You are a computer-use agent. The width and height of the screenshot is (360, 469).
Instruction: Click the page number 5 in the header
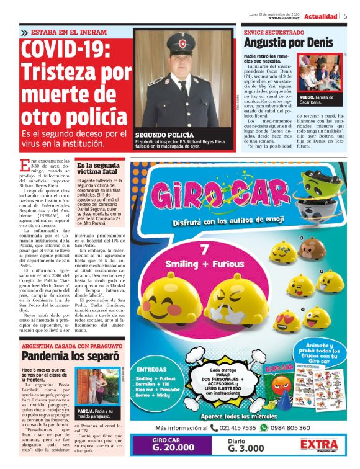pyautogui.click(x=345, y=16)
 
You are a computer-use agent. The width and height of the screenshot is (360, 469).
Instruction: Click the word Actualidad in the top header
pyautogui.click(x=321, y=16)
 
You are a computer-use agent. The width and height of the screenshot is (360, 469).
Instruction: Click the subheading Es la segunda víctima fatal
pyautogui.click(x=97, y=168)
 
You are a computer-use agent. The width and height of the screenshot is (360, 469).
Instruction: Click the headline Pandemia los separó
pyautogui.click(x=70, y=356)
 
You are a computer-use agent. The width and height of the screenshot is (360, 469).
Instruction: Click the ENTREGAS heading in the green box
pyautogui.click(x=151, y=360)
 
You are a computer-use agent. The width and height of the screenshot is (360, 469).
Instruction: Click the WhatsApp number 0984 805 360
pyautogui.click(x=289, y=427)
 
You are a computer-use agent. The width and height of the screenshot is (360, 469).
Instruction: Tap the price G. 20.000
pyautogui.click(x=167, y=449)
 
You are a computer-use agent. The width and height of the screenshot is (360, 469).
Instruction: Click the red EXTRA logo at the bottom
pyautogui.click(x=318, y=445)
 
